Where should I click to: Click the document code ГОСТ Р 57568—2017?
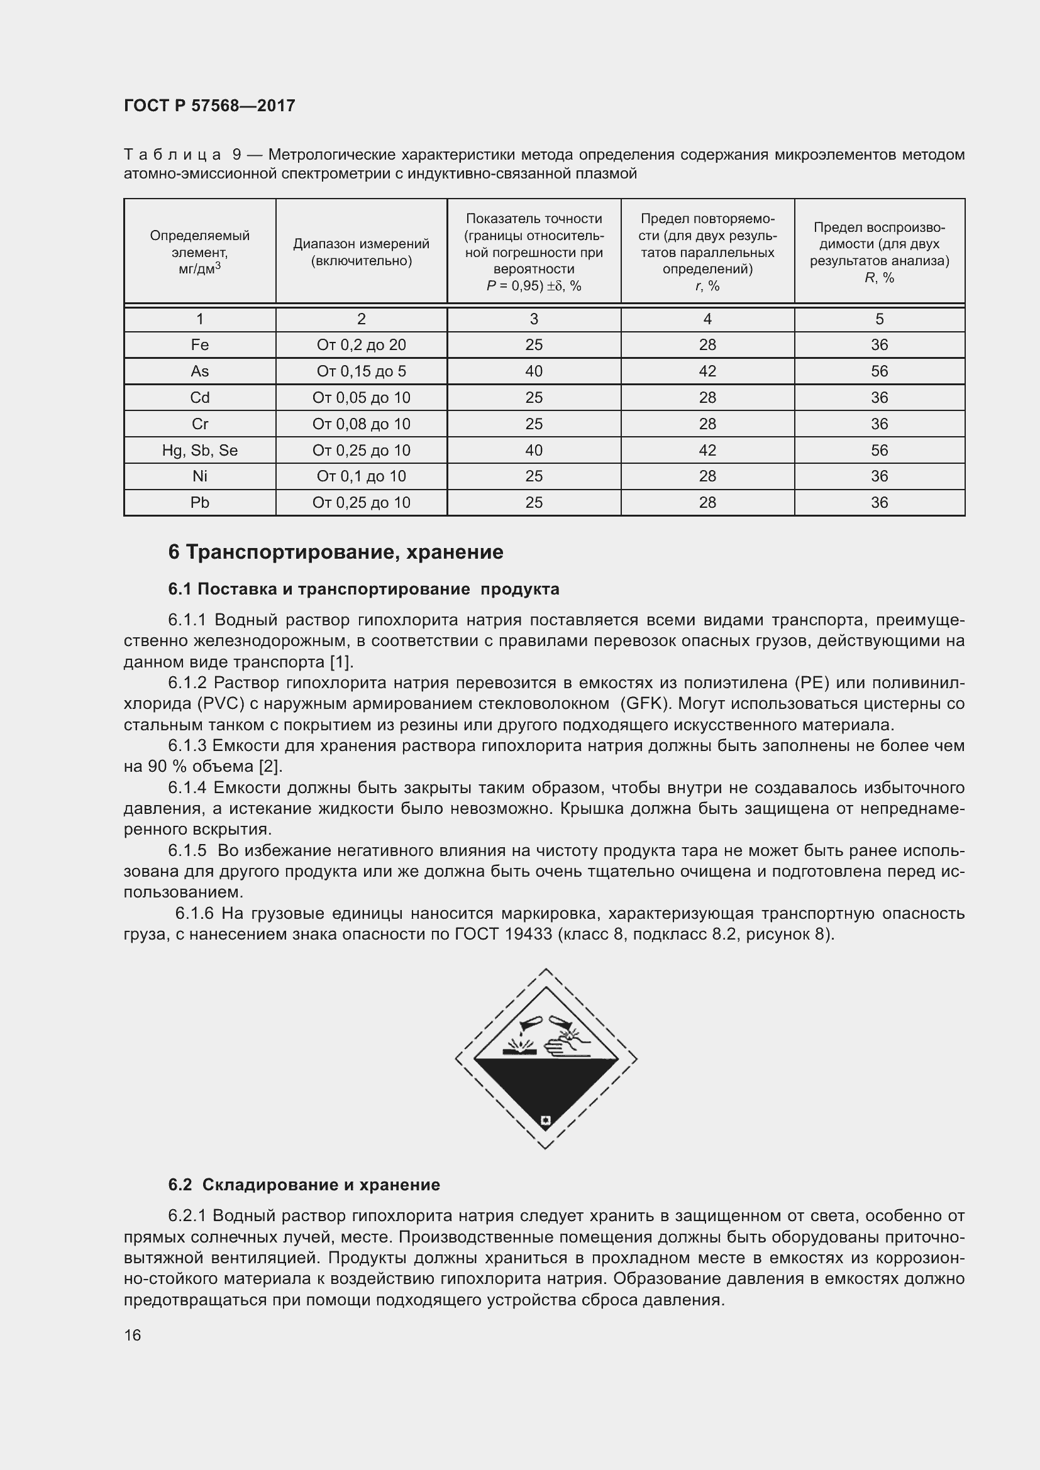tap(209, 106)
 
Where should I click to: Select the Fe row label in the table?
tap(200, 345)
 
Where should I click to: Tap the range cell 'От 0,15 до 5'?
tap(361, 371)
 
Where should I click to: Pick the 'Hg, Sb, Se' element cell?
tap(200, 450)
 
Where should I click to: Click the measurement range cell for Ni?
tap(361, 476)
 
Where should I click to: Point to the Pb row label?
tap(200, 503)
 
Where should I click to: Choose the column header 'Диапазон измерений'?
tap(361, 251)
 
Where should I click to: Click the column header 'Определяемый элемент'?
tap(200, 251)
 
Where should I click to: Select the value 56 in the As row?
tap(879, 371)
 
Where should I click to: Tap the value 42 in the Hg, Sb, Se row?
tap(707, 450)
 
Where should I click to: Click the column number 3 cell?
tap(533, 319)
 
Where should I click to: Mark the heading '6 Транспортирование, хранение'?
tap(336, 552)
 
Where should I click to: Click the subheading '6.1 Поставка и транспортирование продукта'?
tap(363, 589)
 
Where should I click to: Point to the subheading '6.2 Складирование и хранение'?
tap(304, 1185)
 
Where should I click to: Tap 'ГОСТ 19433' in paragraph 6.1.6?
tap(504, 934)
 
